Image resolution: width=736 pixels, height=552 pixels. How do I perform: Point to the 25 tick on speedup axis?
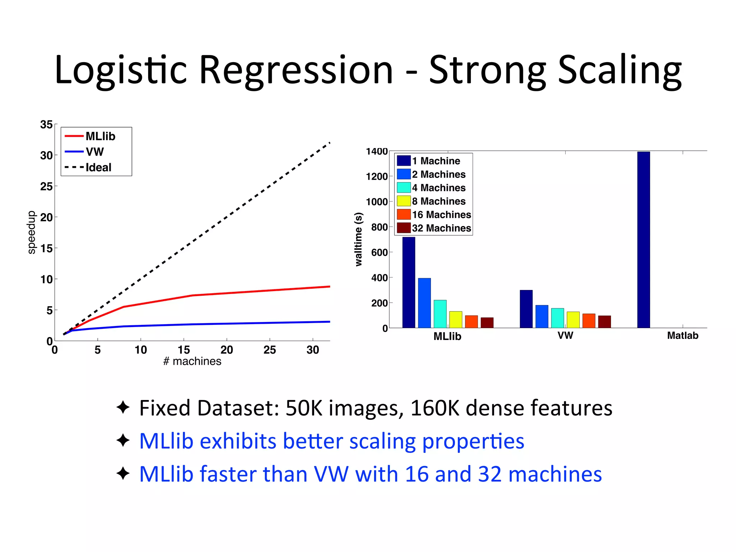tap(46, 187)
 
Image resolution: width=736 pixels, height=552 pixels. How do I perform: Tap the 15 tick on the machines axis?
tap(184, 350)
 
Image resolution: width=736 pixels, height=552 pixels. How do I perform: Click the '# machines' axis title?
tap(192, 361)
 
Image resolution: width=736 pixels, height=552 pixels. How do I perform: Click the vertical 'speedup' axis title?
tap(32, 232)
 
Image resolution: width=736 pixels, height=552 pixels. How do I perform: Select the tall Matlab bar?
tap(643, 240)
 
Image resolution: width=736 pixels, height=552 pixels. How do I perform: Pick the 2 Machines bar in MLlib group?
tap(424, 303)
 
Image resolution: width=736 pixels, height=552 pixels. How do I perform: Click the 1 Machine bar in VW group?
tap(526, 309)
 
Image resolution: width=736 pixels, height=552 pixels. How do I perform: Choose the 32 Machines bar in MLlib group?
tap(487, 322)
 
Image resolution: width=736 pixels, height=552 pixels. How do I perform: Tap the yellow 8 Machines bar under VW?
tap(573, 319)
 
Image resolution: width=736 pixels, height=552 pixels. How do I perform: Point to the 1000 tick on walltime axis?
tap(377, 202)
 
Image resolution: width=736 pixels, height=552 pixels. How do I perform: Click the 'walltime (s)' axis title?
tap(358, 239)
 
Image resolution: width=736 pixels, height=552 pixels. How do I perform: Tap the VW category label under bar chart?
tap(565, 335)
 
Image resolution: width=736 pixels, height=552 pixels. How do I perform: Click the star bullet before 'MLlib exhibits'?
tap(123, 440)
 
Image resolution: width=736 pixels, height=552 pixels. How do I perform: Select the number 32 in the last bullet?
tap(489, 474)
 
